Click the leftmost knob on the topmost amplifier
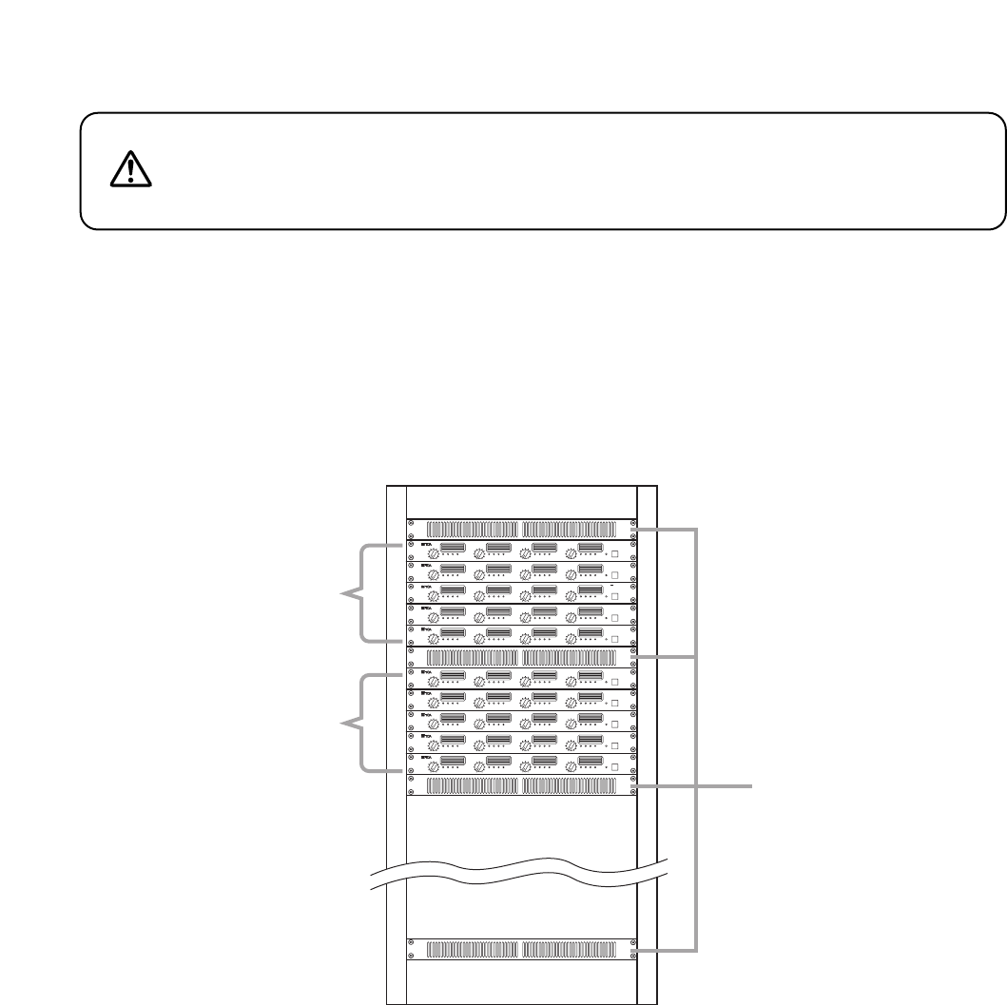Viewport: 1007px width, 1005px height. click(x=435, y=555)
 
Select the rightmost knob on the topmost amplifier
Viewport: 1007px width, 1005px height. click(x=571, y=555)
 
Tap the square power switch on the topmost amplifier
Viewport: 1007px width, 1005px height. click(x=616, y=556)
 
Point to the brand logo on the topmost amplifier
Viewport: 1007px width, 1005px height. click(x=426, y=545)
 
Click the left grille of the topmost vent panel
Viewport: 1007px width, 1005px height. click(x=472, y=530)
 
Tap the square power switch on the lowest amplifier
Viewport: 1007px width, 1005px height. click(x=616, y=767)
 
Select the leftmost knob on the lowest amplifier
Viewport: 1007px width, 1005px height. click(x=435, y=766)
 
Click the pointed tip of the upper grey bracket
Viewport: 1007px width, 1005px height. click(x=344, y=594)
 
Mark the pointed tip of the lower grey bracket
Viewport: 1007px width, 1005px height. click(x=344, y=725)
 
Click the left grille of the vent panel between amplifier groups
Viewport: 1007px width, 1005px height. click(x=472, y=657)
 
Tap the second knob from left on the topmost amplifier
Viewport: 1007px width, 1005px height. click(x=480, y=555)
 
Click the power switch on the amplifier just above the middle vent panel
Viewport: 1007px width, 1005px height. click(x=616, y=640)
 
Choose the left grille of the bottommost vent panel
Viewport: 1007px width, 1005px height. click(x=472, y=949)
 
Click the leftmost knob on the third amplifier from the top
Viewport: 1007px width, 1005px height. click(x=435, y=597)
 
